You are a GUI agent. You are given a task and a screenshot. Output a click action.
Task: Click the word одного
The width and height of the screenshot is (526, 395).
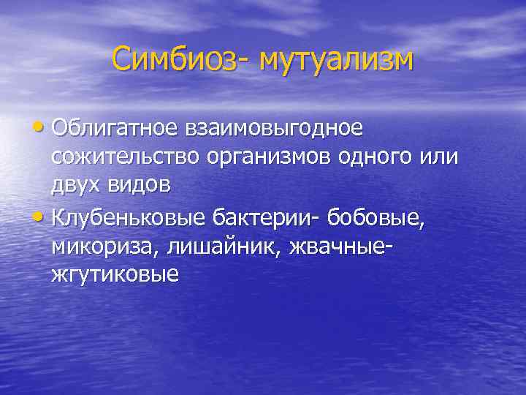coord(379,157)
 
